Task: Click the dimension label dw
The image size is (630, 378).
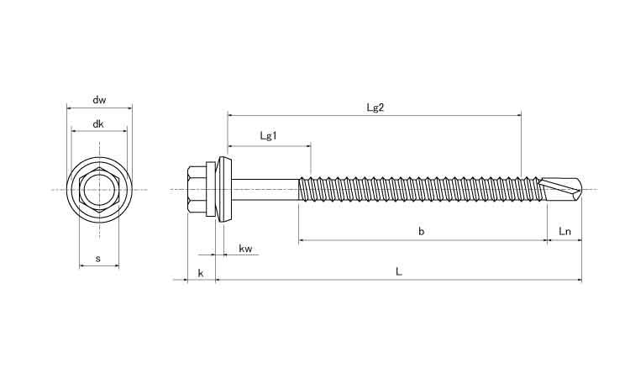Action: [x=99, y=101]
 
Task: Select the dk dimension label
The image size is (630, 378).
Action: [x=99, y=124]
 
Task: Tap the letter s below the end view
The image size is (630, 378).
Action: [x=98, y=260]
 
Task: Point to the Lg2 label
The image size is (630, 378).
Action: [x=375, y=107]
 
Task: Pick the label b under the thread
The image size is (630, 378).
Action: [x=421, y=232]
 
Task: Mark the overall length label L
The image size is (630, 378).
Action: [x=399, y=271]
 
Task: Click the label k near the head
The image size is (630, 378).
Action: [x=200, y=273]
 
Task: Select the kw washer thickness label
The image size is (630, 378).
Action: [x=246, y=249]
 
